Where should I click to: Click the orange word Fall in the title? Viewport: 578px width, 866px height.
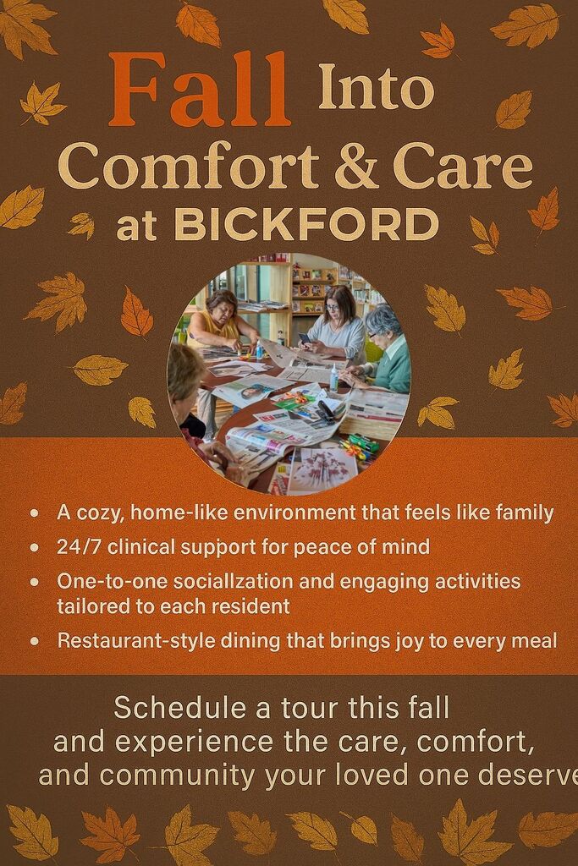click(200, 89)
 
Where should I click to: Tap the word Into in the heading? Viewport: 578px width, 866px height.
click(377, 86)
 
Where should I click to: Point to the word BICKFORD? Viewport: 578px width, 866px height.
click(306, 225)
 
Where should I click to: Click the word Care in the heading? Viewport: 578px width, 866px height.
click(463, 167)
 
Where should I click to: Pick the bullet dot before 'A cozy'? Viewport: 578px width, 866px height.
click(35, 513)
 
